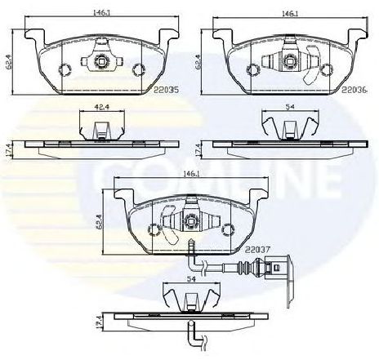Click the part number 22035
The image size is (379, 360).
pyautogui.click(x=167, y=90)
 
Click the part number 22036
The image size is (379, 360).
pyautogui.click(x=354, y=90)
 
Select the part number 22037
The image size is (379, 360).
pyautogui.click(x=257, y=249)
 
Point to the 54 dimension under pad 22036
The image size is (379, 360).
pyautogui.click(x=290, y=106)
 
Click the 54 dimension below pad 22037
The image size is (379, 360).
pyautogui.click(x=191, y=278)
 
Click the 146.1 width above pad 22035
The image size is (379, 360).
pyautogui.click(x=101, y=13)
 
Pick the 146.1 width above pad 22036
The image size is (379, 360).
pyautogui.click(x=290, y=13)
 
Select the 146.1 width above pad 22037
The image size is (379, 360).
pyautogui.click(x=191, y=173)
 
